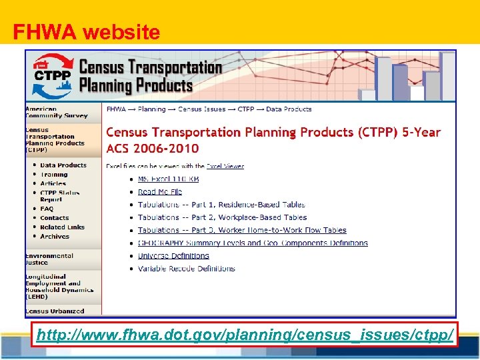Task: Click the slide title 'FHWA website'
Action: tap(87, 32)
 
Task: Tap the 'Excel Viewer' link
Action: tap(225, 166)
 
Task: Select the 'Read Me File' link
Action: tap(160, 192)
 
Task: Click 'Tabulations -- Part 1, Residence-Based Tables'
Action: tap(221, 205)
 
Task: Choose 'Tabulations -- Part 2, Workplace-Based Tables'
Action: tap(222, 217)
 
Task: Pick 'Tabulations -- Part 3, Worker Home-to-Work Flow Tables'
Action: tap(242, 230)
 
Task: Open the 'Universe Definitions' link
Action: tap(173, 255)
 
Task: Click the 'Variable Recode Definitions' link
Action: tap(187, 269)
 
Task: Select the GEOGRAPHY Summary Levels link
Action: tap(253, 243)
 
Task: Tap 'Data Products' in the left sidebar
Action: tap(63, 165)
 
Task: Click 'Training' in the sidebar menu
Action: tap(54, 175)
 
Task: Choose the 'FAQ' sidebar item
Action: tap(47, 209)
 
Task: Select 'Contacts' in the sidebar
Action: tap(54, 218)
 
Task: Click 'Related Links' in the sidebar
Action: tap(62, 227)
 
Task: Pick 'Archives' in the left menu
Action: tap(54, 237)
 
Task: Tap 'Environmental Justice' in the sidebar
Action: tap(49, 259)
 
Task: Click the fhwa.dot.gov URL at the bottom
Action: tap(245, 335)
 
